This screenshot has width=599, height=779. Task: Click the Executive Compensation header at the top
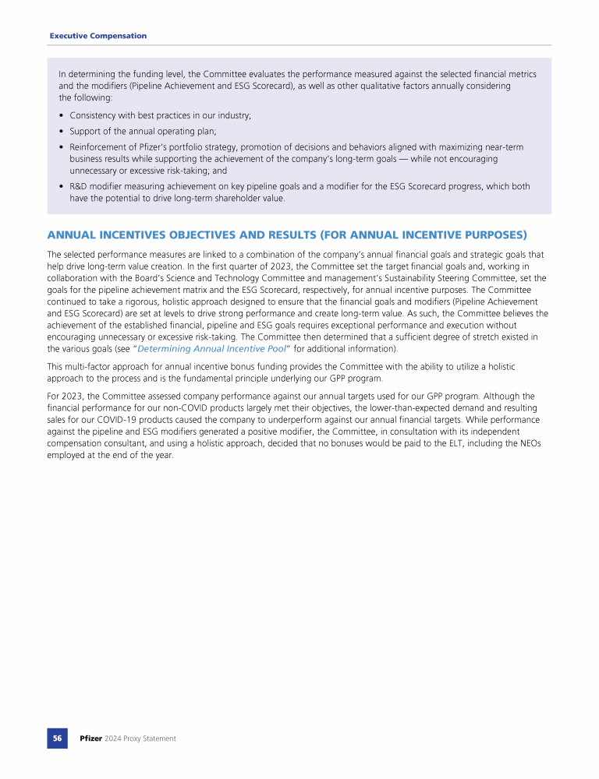coord(97,36)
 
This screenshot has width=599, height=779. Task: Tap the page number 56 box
coord(57,738)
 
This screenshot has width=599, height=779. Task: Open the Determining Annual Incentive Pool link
coord(211,348)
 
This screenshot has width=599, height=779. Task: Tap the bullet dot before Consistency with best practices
coord(62,115)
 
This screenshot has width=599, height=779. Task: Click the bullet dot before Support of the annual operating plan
coord(62,131)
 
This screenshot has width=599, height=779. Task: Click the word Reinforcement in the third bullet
coord(97,146)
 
